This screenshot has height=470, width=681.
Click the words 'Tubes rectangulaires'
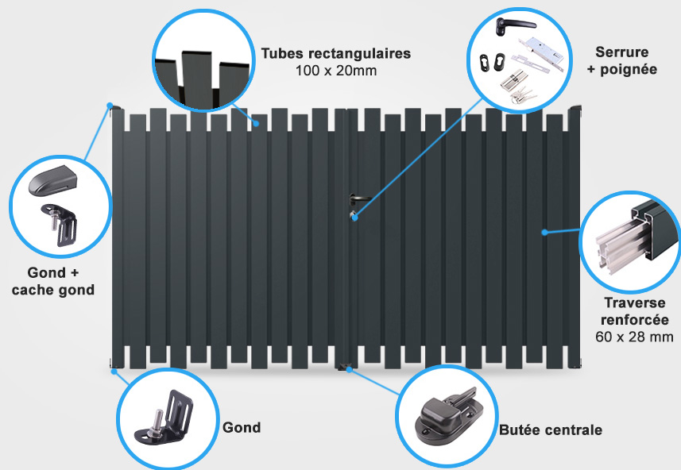coord(335,53)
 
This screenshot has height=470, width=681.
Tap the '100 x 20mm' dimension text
coord(335,71)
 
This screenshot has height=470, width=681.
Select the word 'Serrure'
coord(622,52)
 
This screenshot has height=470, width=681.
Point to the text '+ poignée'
coord(622,69)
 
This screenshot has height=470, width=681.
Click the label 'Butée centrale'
coord(550,430)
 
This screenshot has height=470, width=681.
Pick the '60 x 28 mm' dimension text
coord(634,337)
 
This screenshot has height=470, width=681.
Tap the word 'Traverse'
coord(635,302)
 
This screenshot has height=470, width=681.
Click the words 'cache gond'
coord(53,290)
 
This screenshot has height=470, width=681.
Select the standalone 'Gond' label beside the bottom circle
coord(242,427)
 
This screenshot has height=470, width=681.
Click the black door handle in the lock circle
coord(513,26)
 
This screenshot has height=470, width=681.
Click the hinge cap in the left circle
coord(52,180)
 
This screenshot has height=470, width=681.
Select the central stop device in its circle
coord(449,415)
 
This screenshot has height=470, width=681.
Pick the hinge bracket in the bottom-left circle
coord(164,418)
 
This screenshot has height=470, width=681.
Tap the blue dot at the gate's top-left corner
coord(110,106)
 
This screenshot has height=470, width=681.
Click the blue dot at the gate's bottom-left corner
coord(114,372)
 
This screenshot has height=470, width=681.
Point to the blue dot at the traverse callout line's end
coord(544,233)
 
